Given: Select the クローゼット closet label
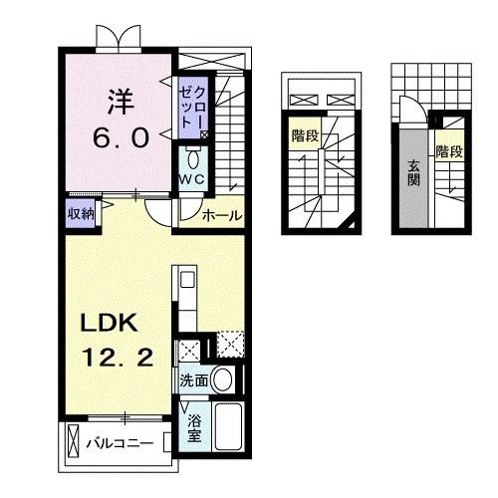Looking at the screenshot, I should click(190, 106).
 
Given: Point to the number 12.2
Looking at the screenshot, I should click(118, 359).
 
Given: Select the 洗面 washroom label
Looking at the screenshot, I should click(195, 379).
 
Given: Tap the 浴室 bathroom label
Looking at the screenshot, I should click(195, 426).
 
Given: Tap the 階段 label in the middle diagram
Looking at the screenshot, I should click(305, 135).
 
